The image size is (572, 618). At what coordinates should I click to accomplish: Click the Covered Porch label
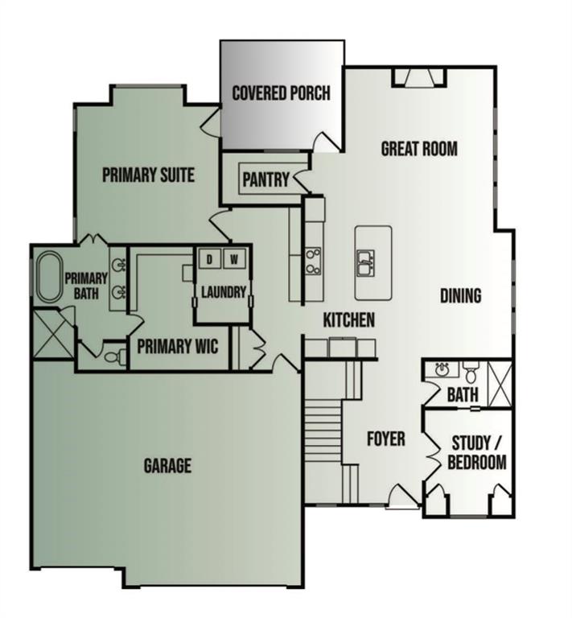click(281, 93)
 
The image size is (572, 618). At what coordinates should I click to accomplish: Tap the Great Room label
click(419, 149)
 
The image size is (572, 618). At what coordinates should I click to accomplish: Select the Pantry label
click(265, 179)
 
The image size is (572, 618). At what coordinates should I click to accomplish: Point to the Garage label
click(167, 465)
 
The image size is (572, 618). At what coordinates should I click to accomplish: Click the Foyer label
click(385, 439)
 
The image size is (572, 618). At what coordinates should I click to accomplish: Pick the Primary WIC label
click(177, 347)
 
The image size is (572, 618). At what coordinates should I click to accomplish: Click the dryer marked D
click(209, 259)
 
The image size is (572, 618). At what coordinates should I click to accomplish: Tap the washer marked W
click(234, 259)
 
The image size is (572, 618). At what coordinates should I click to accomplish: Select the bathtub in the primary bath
click(50, 278)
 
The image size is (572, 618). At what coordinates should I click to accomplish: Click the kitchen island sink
click(365, 262)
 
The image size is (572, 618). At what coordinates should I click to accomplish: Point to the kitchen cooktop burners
click(314, 261)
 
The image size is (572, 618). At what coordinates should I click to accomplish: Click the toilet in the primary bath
click(115, 357)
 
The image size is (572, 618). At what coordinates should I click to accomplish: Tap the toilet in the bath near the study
click(471, 372)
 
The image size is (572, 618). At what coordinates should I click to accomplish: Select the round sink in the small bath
click(442, 369)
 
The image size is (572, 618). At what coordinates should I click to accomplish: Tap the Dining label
click(460, 295)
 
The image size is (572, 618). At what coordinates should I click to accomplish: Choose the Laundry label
click(224, 292)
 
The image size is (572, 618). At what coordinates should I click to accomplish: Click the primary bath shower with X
click(53, 334)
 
